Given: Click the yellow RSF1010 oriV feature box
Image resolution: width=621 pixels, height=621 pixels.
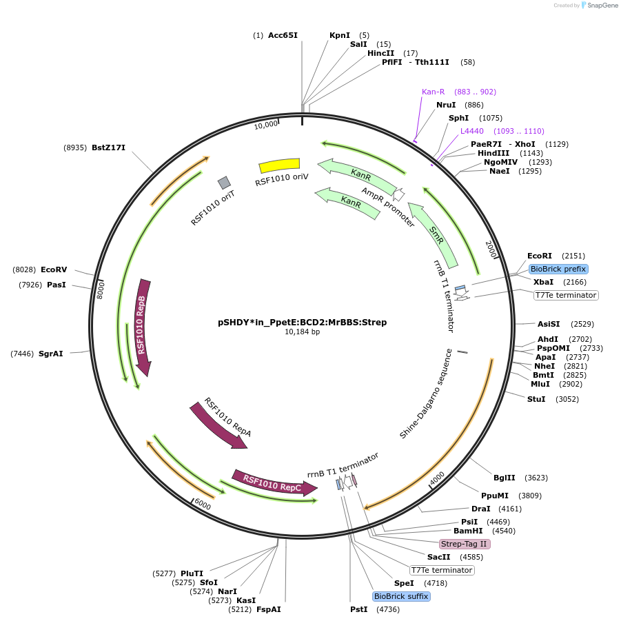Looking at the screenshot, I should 279,165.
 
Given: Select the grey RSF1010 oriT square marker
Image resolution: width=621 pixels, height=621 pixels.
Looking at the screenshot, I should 224,183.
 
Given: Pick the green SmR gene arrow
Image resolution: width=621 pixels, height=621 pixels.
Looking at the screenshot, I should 434,234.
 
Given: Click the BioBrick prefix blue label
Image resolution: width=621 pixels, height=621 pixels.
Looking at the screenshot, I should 558,269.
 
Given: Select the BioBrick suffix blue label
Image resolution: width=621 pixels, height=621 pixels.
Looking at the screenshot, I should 401,596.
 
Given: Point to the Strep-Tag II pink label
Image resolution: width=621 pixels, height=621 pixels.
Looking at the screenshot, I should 465,544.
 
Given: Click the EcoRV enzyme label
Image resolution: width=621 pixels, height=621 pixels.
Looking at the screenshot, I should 54,269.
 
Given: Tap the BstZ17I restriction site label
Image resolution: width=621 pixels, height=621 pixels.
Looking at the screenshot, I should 108,147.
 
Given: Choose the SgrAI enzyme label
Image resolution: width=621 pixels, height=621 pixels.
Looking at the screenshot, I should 50,354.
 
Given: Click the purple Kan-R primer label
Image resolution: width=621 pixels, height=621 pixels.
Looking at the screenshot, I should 434,92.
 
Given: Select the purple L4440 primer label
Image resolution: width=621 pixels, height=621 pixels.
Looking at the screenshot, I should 472,131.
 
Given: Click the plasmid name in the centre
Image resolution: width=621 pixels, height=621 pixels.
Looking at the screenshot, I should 302,322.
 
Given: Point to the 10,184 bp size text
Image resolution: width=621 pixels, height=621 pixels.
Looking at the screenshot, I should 302,332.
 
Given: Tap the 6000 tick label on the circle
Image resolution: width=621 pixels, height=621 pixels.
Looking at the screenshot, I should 203,505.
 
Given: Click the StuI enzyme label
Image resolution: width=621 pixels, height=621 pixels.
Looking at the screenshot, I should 536,399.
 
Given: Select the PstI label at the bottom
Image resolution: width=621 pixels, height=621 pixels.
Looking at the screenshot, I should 358,609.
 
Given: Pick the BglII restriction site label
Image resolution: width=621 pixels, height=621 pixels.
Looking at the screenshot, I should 504,478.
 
